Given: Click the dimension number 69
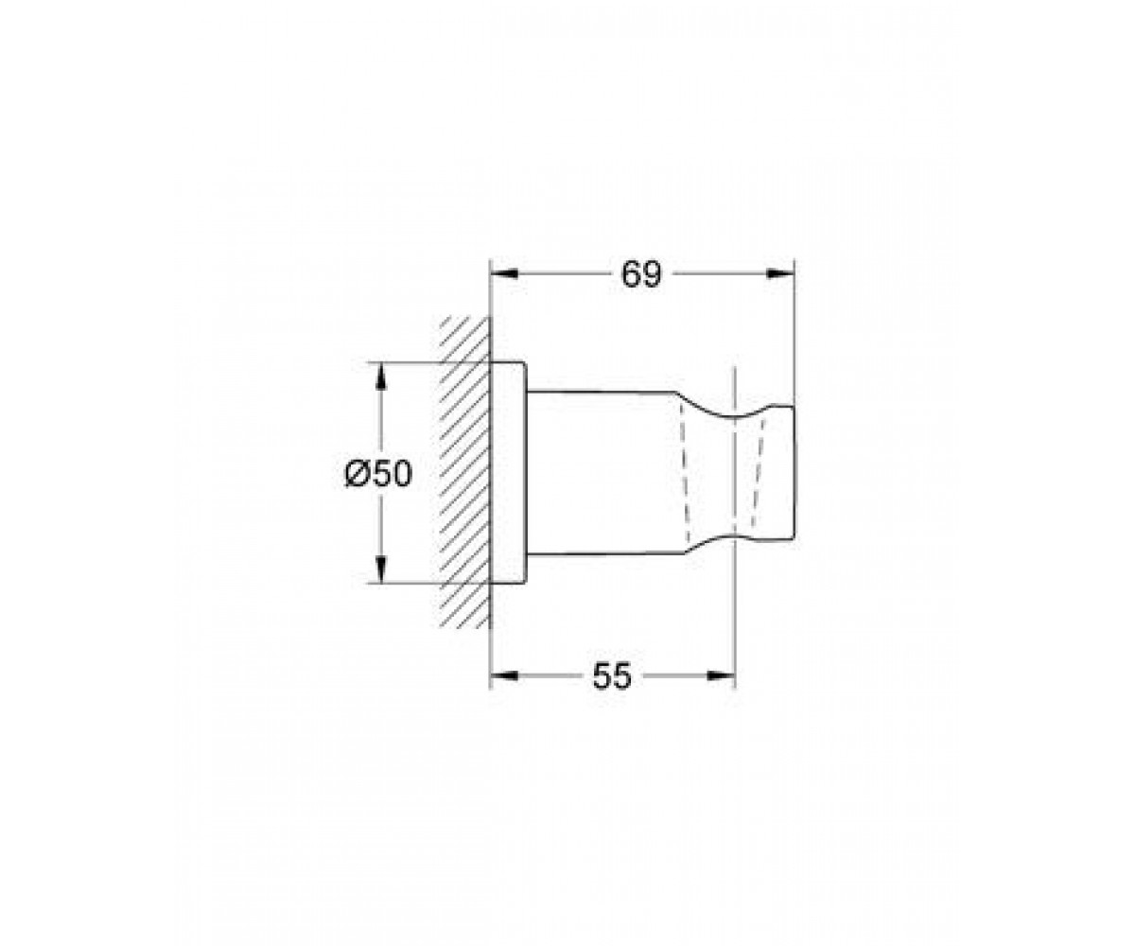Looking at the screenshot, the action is coord(641,274).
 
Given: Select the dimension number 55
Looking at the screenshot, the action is coord(612,675).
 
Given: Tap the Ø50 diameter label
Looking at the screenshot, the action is coord(378,473).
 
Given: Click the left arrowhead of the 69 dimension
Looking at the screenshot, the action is coord(504,274).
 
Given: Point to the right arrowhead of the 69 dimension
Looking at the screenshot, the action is coord(780,274).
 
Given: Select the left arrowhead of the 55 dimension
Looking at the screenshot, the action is coord(504,675).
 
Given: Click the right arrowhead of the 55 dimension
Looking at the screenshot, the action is coord(721,675).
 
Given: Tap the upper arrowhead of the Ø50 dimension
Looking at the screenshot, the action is coord(381,377).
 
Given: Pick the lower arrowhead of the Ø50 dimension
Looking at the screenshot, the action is coord(381,569).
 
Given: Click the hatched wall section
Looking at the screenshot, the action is coord(465,472).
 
